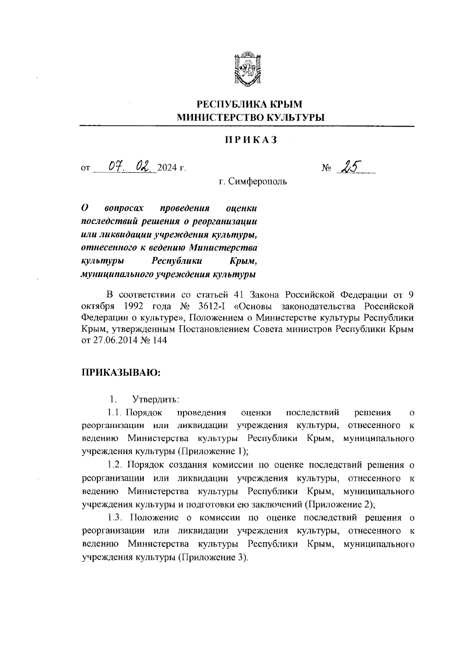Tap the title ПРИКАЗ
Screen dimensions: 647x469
pos(251,140)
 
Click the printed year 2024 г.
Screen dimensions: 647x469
pos(171,168)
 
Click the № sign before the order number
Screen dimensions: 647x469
pos(326,168)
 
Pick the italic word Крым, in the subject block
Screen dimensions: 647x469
pos(243,261)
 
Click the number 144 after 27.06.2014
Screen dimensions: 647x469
pos(160,341)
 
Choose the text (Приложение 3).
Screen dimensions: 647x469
pos(212,557)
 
